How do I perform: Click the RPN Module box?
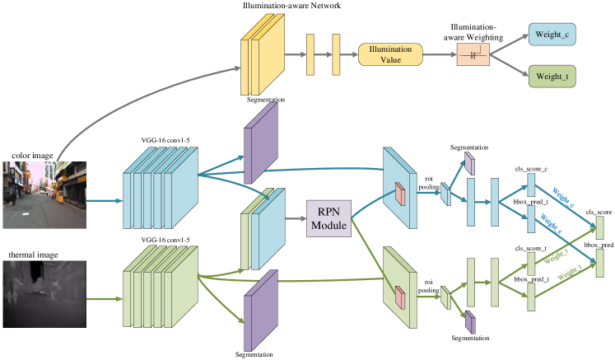328,218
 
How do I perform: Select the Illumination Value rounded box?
390,54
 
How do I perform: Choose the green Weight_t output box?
552,77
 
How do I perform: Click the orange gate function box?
473,54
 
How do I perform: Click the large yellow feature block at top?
262,56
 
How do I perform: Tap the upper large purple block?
261,143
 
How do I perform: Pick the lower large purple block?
261,311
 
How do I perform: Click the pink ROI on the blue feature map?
400,194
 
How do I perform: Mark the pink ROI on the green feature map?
400,297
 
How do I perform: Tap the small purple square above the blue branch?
470,163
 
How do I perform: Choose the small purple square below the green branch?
470,322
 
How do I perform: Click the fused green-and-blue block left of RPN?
262,229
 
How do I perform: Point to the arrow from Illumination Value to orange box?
440,54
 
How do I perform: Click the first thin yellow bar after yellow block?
311,55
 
